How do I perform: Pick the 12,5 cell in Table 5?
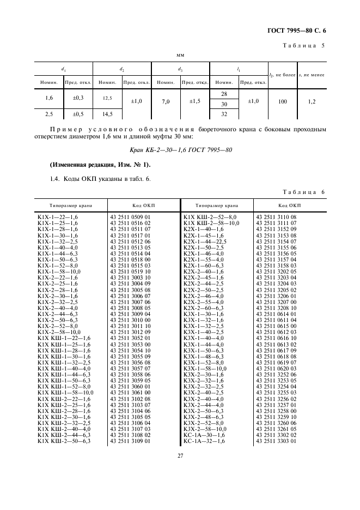[107, 98]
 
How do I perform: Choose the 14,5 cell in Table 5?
[107, 114]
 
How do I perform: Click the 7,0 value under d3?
[166, 101]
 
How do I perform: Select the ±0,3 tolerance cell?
[72, 98]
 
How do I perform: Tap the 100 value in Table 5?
[282, 101]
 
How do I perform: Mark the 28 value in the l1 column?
[224, 94]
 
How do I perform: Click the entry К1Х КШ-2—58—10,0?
[211, 223]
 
